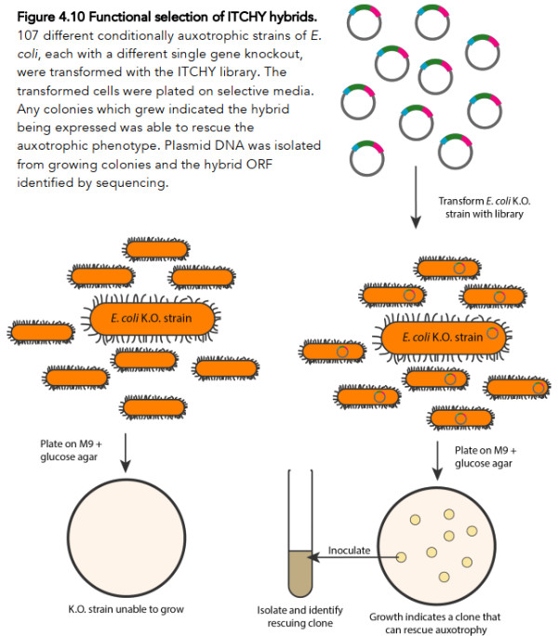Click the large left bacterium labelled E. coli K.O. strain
pos(153,319)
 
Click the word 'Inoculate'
pos(350,550)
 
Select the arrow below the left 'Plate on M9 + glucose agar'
pos(126,452)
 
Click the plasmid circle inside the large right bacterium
pos(492,335)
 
